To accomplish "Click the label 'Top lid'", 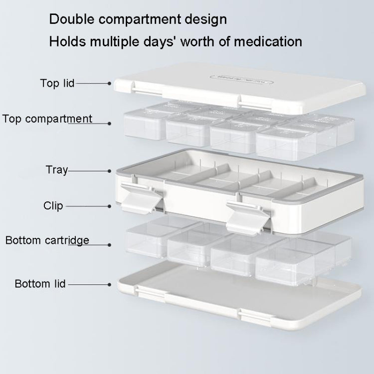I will coord(57,83).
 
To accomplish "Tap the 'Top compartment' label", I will coord(47,119).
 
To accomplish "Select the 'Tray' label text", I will coord(57,170).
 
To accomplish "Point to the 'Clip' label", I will coord(53,205).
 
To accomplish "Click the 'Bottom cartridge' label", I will coord(47,240).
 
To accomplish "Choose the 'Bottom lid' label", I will coord(40,284).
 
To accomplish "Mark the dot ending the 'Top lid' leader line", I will coord(109,84).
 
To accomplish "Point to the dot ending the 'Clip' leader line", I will coord(109,205).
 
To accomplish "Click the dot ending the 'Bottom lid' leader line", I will coord(109,284).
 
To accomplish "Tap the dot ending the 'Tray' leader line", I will coord(109,171).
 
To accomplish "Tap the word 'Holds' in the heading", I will coord(67,41).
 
